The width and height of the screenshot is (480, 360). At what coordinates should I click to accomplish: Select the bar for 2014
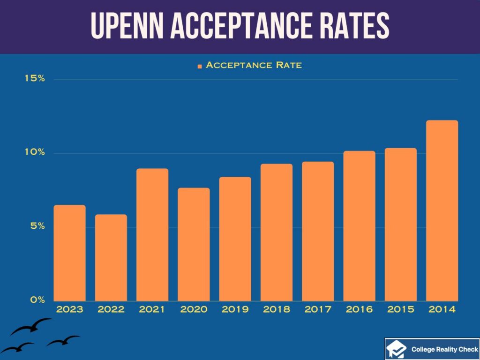[x=442, y=210]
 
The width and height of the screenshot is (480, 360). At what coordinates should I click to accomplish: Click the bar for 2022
[x=111, y=257]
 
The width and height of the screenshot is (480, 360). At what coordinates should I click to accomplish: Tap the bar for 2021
[x=152, y=234]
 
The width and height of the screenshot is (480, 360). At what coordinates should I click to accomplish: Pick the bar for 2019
[x=235, y=239]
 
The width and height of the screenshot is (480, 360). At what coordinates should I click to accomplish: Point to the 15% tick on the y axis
[x=35, y=79]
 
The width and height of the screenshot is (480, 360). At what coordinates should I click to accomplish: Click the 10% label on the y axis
[x=35, y=152]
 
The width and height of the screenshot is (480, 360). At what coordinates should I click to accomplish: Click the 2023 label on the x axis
[x=70, y=310]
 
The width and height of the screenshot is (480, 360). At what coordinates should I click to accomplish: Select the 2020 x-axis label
[x=194, y=310]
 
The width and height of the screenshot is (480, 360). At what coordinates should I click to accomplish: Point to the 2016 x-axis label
[x=359, y=310]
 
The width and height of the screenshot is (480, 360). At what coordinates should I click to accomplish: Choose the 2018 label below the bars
[x=277, y=310]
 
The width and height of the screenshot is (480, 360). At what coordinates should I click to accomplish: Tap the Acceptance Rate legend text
[x=254, y=65]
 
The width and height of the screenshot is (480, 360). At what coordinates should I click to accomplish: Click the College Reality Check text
[x=444, y=349]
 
